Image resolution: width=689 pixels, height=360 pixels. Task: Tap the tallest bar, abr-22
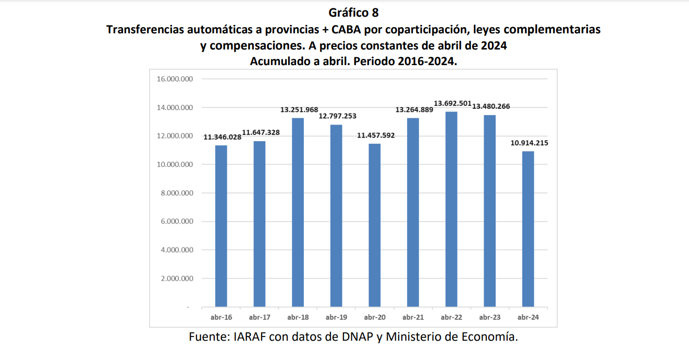451,209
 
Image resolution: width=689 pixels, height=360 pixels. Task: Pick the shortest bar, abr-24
528,229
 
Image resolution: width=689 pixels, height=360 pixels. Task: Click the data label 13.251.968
299,110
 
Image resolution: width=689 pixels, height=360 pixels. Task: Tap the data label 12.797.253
338,116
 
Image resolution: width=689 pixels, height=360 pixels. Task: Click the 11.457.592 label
376,135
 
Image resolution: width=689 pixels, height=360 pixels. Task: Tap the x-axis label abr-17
260,317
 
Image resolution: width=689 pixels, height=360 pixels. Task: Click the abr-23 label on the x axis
489,317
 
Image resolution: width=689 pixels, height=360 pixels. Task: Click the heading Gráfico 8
353,13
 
